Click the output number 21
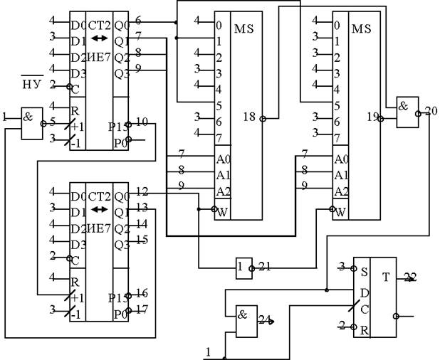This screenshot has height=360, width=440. (x=265, y=266)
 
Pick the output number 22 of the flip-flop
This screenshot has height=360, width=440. (x=411, y=277)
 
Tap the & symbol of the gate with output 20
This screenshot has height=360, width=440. (x=404, y=104)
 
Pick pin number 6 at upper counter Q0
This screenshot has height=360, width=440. (x=137, y=20)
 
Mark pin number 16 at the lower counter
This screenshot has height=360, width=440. (x=141, y=293)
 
